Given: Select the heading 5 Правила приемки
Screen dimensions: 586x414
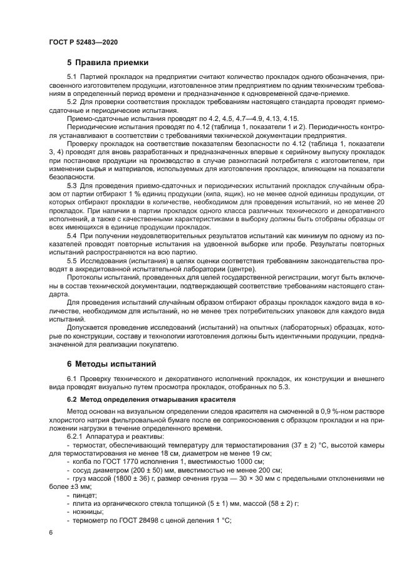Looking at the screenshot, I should pos(108,62).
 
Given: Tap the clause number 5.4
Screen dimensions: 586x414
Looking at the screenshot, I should pos(71,234).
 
